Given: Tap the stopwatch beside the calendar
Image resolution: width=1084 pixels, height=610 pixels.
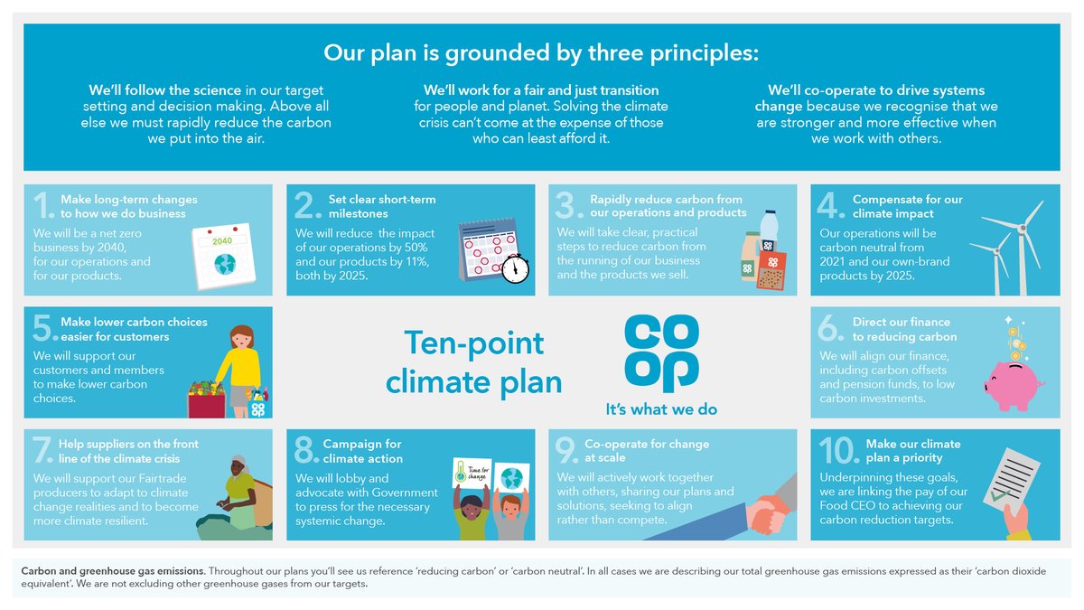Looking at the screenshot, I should (515, 267).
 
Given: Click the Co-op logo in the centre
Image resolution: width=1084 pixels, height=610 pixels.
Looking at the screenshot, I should (662, 353).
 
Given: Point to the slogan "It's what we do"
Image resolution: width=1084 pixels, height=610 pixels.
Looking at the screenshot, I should (661, 409).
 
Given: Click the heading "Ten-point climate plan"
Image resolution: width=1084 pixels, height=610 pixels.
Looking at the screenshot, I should (473, 362).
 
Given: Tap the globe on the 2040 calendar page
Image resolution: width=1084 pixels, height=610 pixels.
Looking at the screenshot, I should (224, 264).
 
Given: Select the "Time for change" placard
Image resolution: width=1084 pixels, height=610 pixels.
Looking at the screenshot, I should (471, 475).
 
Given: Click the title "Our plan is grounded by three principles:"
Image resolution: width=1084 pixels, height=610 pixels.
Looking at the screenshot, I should (541, 52).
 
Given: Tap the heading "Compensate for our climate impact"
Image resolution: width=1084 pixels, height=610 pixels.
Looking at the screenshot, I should (907, 207).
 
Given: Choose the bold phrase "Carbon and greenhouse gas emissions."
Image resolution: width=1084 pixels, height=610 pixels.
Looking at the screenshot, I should (113, 571).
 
